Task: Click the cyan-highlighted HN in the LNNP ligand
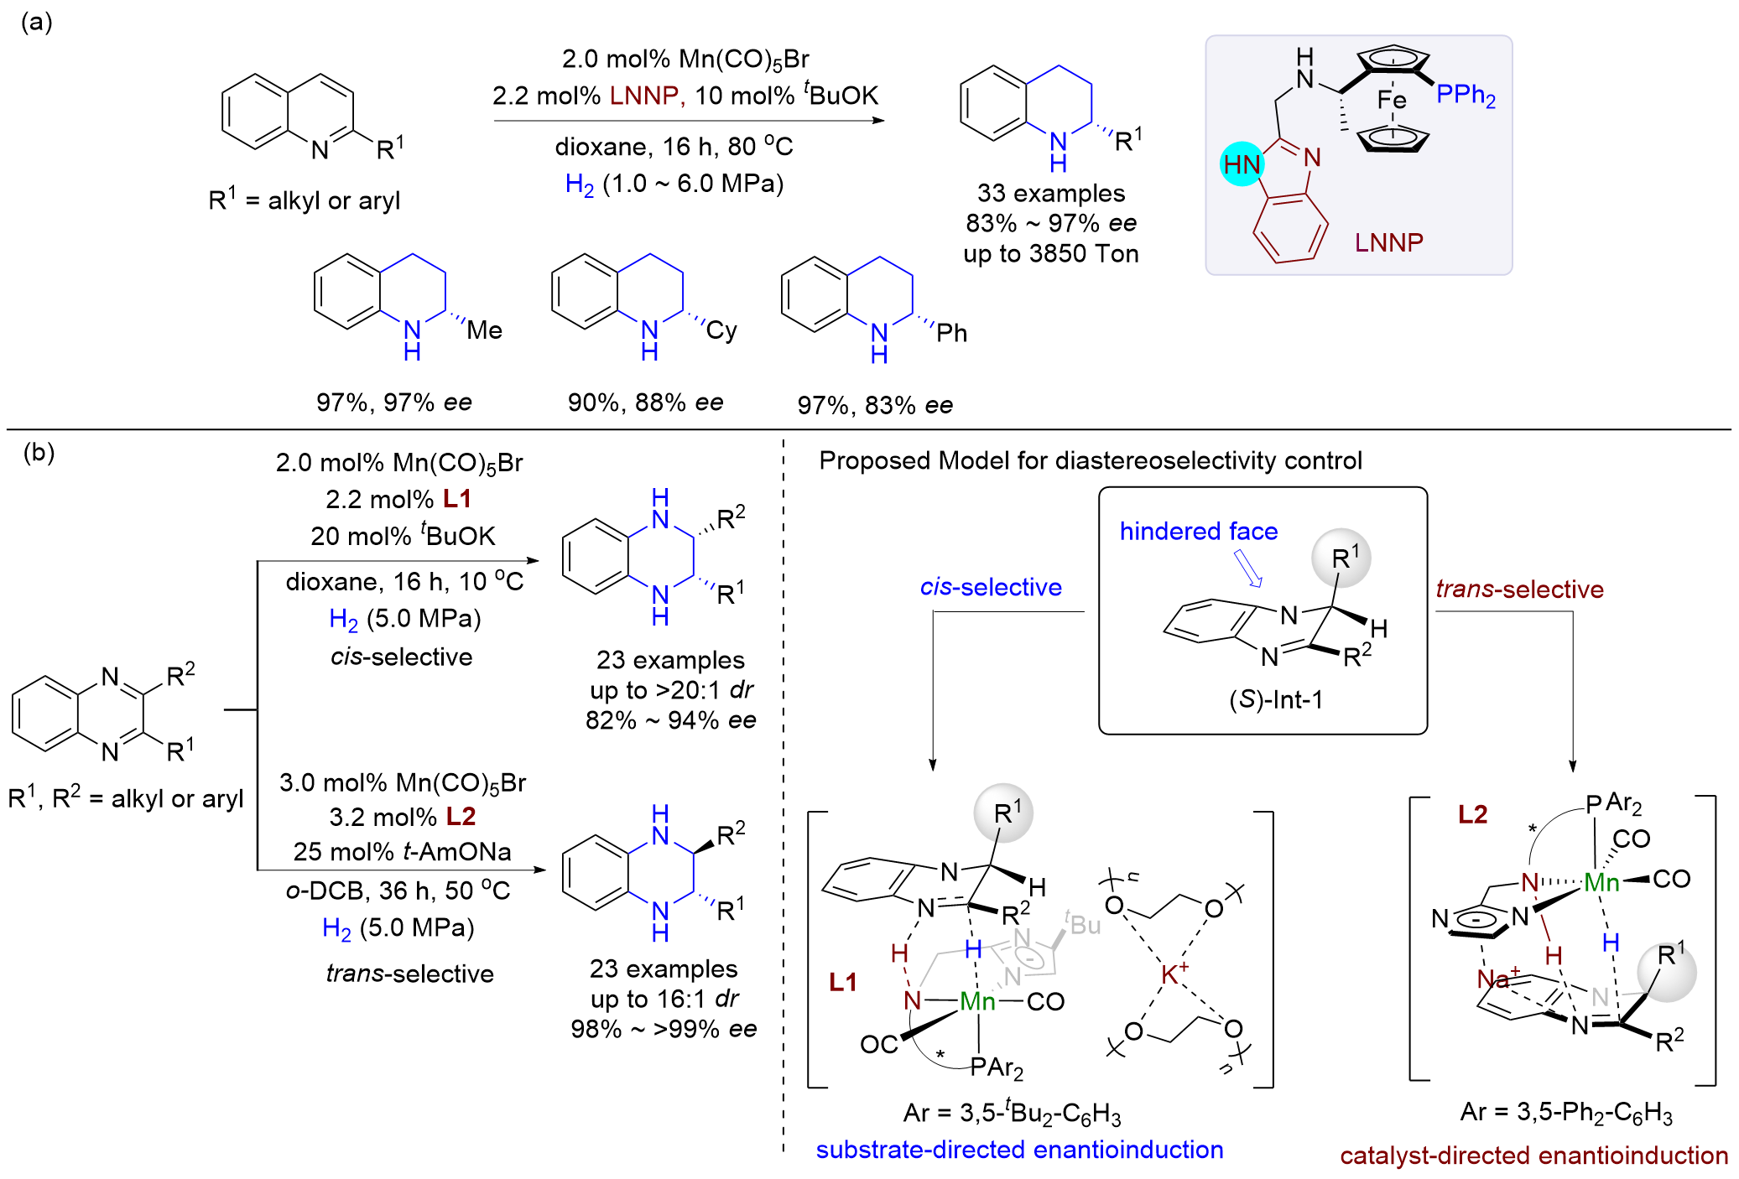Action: tap(1242, 164)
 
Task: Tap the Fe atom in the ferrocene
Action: tap(1392, 101)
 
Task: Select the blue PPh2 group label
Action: tap(1466, 95)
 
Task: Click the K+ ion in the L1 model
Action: tap(1174, 973)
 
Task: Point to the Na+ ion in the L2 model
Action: tap(1498, 977)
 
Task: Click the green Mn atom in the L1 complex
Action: tap(977, 1000)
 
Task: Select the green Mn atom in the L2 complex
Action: tap(1601, 881)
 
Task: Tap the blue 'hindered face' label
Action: tap(1199, 531)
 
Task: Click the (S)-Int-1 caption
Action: tap(1276, 699)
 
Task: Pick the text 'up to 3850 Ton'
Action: tap(1051, 253)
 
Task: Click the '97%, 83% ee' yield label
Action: tap(875, 405)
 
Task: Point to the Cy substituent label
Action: tap(721, 330)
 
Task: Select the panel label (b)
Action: tap(39, 452)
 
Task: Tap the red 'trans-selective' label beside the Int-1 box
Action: tap(1519, 589)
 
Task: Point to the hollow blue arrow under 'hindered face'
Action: tap(1248, 568)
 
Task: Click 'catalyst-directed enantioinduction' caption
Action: tap(1533, 1156)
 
